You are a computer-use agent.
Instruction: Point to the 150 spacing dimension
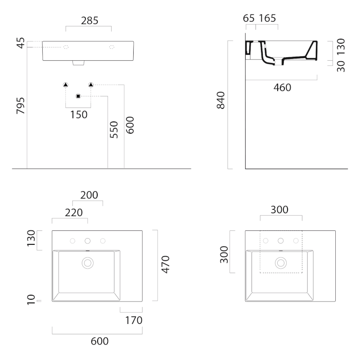78,115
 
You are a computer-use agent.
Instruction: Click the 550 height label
114,129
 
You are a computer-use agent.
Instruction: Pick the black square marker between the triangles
78,96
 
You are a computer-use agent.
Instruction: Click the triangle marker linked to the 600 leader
91,85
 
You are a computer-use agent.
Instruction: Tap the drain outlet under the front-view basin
78,63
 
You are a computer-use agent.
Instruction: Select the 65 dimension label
248,18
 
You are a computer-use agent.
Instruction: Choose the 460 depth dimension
282,88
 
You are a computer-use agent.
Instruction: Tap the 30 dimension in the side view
341,66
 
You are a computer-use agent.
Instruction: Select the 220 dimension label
73,212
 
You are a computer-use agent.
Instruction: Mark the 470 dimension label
165,265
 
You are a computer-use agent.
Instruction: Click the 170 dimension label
134,320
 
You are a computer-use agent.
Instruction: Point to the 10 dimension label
31,300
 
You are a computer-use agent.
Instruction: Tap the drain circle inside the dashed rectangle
281,262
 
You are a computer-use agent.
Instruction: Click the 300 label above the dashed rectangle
279,209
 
